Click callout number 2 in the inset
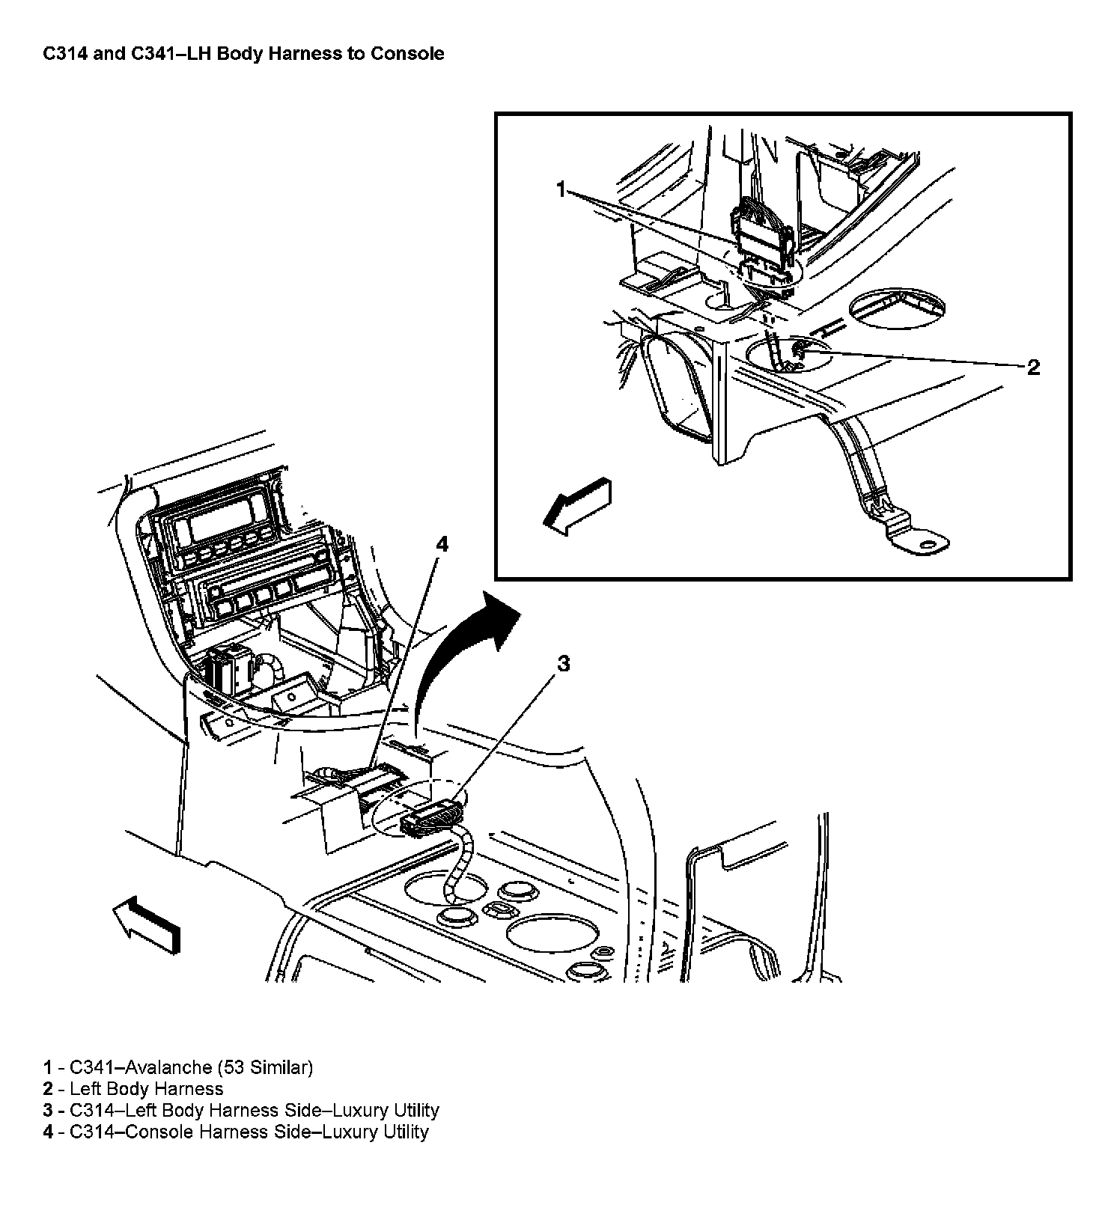[x=1033, y=367]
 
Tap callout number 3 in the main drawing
[x=563, y=663]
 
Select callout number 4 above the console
[x=442, y=544]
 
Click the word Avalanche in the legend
[x=168, y=1067]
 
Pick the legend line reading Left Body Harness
[x=146, y=1089]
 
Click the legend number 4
[x=48, y=1132]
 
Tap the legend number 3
[x=48, y=1111]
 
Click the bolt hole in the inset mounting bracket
[x=928, y=544]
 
